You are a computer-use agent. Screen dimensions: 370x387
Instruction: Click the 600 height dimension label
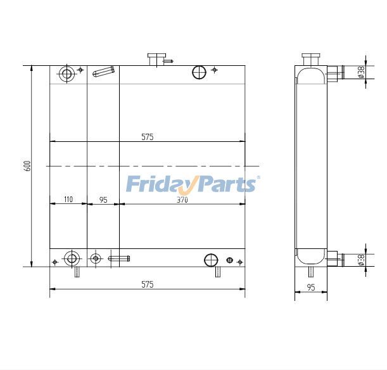pos(27,165)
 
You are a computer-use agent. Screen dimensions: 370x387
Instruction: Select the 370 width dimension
pos(182,200)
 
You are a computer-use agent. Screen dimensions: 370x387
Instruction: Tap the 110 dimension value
pos(68,200)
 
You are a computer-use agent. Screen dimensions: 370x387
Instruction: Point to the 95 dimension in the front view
pos(103,200)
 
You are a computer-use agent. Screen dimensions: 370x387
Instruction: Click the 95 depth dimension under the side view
pos(311,287)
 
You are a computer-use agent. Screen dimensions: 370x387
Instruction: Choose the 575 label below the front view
pos(147,284)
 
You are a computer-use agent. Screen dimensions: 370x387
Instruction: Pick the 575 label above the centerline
pos(147,136)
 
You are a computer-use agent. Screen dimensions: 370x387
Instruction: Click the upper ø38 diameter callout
pos(360,73)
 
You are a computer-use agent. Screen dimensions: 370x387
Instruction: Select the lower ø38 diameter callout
pos(360,260)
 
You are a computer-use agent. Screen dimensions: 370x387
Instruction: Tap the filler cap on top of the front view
pos(156,59)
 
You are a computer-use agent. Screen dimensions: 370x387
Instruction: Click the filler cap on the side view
pos(310,58)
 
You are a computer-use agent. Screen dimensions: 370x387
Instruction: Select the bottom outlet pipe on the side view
pos(335,258)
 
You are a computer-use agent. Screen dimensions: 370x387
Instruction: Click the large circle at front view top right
pos(198,72)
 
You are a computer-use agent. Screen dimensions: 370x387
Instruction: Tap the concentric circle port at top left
pos(67,73)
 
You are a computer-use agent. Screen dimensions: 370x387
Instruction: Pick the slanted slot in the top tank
pos(104,72)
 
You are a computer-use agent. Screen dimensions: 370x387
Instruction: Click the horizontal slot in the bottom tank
pos(118,258)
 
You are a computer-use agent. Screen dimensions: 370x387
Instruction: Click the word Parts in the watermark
pos(228,184)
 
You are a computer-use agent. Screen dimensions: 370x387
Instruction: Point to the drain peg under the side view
pos(311,271)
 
